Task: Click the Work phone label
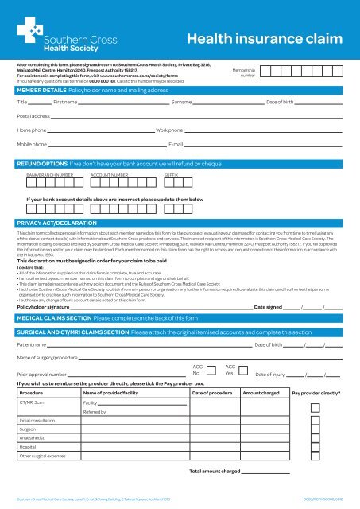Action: click(170, 130)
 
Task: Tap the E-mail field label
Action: click(177, 145)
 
